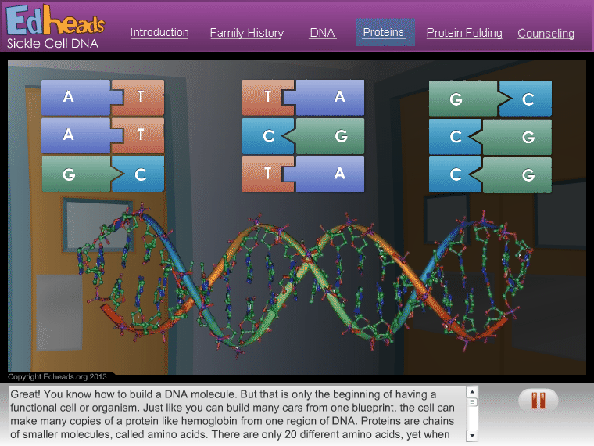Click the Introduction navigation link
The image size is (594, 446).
click(159, 33)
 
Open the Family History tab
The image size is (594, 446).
click(247, 33)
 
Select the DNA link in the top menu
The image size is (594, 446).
click(322, 33)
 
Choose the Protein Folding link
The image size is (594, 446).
click(464, 33)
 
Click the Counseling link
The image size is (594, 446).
click(546, 34)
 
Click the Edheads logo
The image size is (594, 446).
click(55, 20)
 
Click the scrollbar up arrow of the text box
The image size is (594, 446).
click(472, 392)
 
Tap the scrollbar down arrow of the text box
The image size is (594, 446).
click(472, 436)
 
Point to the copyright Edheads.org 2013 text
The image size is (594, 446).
click(57, 376)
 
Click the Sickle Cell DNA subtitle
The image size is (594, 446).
click(52, 43)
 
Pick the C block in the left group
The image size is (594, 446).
click(138, 174)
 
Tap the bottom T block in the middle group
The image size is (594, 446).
click(268, 174)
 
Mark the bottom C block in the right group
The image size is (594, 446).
click(455, 174)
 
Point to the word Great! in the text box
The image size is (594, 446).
click(25, 394)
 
